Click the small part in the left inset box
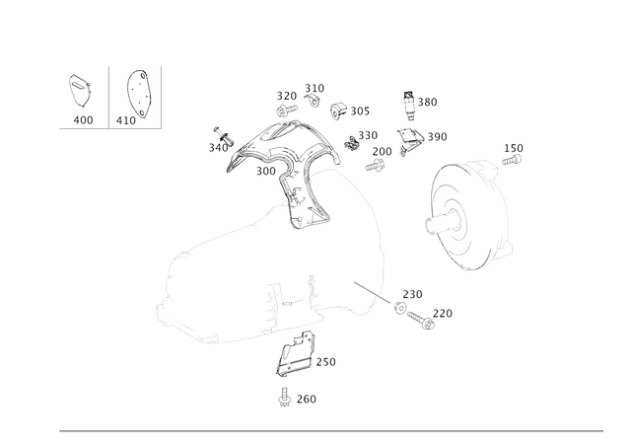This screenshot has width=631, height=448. pyautogui.click(x=78, y=91)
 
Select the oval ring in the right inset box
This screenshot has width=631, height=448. pyautogui.click(x=140, y=93)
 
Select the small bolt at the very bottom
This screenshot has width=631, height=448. pyautogui.click(x=284, y=399)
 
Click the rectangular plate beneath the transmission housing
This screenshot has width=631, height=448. pyautogui.click(x=295, y=364)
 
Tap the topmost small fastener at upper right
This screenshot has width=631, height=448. pyautogui.click(x=410, y=103)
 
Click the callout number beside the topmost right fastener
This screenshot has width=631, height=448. pyautogui.click(x=430, y=103)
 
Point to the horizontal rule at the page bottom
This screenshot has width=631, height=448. pyautogui.click(x=331, y=430)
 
